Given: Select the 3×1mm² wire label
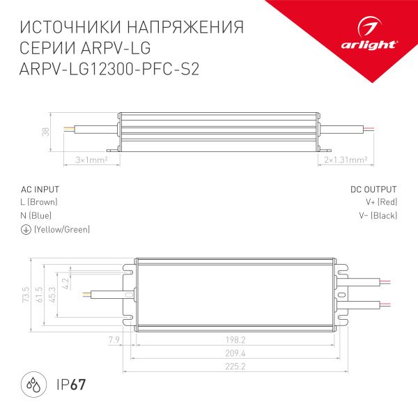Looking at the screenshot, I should pos(90,160).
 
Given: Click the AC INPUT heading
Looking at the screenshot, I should pos(40,189).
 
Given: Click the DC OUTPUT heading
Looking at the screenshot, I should pos(373,189).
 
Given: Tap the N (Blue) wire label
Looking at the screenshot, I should pos(36,216).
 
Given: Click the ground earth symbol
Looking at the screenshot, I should pos(26,230).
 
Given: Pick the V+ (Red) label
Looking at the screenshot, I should pos(381,202).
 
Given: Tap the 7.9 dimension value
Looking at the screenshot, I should pos(115,339).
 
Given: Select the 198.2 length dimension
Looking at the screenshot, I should pos(235,339).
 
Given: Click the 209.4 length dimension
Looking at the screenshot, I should pos(235,353).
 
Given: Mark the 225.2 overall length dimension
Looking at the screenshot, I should pos(235,366).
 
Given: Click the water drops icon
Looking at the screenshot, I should pos(33,385).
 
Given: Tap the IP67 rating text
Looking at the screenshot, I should pos(70,385).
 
